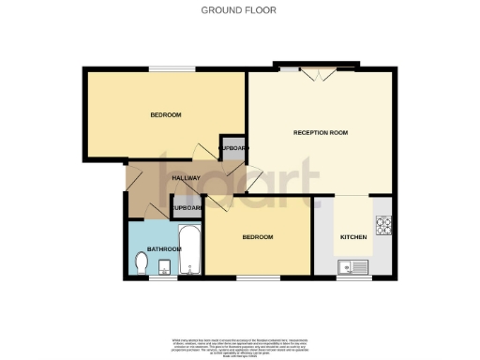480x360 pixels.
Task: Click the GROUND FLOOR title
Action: coord(239,10)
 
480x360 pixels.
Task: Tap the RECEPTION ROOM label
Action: coord(321,133)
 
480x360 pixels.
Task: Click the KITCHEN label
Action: coord(352,237)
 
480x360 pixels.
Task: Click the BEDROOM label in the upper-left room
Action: coord(166,115)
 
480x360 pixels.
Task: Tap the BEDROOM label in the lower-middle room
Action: coord(258,237)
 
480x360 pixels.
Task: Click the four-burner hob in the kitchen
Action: coord(383,225)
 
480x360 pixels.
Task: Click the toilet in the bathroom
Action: coord(141,266)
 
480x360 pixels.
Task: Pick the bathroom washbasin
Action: coord(163,270)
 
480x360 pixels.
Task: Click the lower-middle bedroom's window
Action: coord(250,278)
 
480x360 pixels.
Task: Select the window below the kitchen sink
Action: coord(355,278)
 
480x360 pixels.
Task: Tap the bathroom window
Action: coord(153,278)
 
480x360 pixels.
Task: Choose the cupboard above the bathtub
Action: coord(187,208)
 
